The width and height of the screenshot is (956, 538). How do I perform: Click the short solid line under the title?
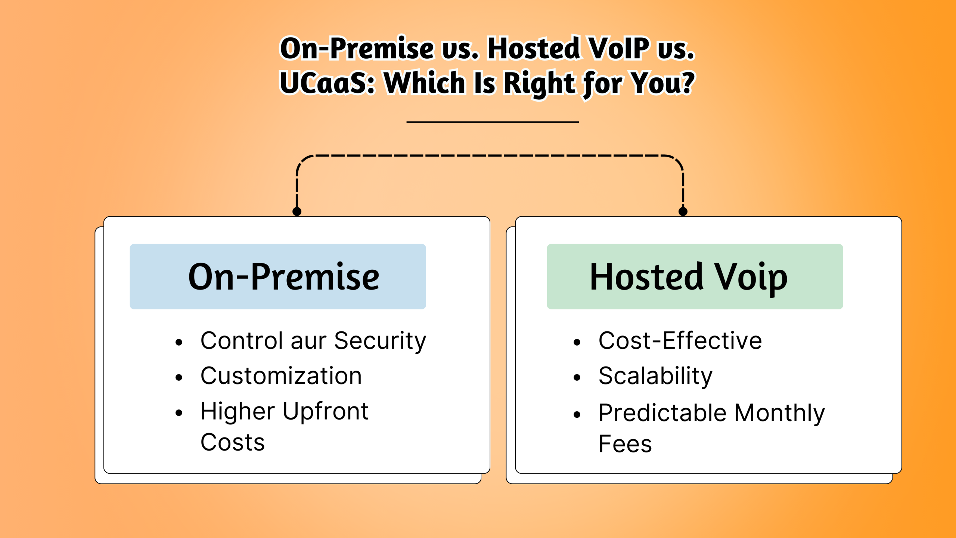(x=492, y=122)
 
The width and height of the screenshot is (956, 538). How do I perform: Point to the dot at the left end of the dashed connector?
(x=297, y=212)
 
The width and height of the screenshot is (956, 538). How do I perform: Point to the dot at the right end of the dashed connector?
(x=683, y=212)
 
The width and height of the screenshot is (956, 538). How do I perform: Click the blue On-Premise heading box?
(x=277, y=276)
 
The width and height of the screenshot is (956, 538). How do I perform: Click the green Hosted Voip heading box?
(x=695, y=276)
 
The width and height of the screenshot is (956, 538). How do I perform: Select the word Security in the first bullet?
(x=380, y=341)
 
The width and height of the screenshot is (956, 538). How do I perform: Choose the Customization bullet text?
(x=281, y=376)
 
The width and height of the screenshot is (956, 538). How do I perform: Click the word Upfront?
(x=325, y=412)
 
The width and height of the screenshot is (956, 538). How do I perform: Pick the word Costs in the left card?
(x=232, y=442)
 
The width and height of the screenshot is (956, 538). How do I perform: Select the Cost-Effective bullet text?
(x=680, y=341)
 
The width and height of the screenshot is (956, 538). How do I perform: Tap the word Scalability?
(x=655, y=376)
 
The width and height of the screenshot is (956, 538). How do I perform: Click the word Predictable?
(x=662, y=413)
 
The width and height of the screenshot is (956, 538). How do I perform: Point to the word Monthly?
(x=779, y=413)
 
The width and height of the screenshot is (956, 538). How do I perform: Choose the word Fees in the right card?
(x=625, y=444)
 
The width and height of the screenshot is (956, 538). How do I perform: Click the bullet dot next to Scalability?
(x=577, y=378)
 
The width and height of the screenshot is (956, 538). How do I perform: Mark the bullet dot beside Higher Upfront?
(x=179, y=413)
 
